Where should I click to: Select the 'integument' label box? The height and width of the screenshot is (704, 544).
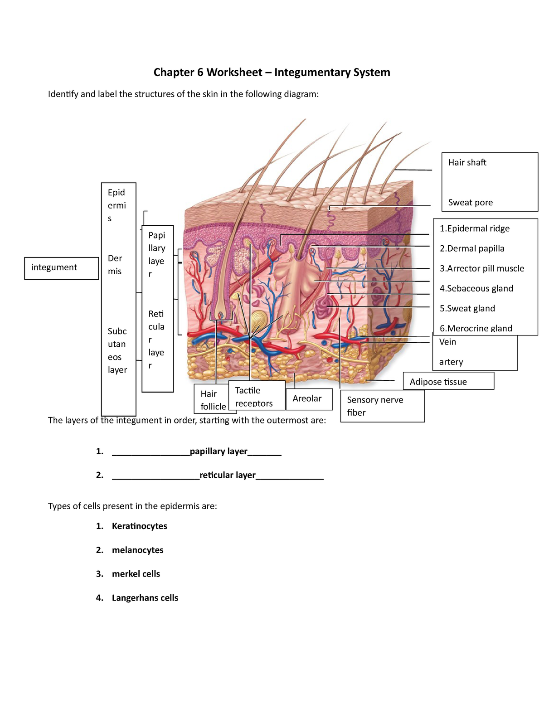61,268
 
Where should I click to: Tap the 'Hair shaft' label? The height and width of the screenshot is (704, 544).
467,163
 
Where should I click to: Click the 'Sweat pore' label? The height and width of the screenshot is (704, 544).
470,203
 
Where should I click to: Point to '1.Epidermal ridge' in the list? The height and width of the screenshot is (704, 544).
474,229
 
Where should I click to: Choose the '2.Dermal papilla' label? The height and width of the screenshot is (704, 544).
471,249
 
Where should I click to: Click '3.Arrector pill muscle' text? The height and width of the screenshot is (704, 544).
481,269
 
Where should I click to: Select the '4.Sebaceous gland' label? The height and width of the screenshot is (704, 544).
476,289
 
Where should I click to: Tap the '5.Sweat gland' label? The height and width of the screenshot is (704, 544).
467,309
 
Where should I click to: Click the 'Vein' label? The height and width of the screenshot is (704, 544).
447,342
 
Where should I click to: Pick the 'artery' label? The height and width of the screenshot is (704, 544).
451,362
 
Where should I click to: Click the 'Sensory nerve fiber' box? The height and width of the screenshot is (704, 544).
382,406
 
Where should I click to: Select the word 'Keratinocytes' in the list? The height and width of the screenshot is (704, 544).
139,526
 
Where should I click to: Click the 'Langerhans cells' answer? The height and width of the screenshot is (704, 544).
145,598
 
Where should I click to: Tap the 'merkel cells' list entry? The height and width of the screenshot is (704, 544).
136,574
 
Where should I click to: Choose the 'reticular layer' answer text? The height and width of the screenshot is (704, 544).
228,475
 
